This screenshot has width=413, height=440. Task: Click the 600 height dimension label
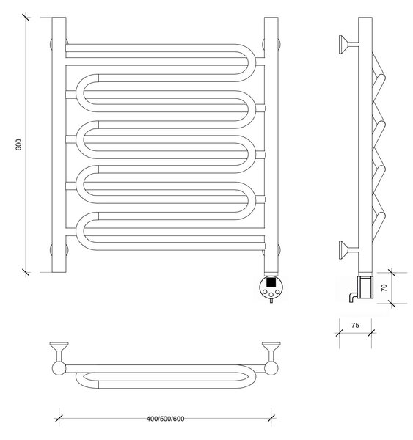pyautogui.click(x=18, y=144)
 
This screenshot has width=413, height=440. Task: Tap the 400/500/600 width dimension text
pyautogui.click(x=165, y=419)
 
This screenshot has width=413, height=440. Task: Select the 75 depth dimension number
pyautogui.click(x=355, y=325)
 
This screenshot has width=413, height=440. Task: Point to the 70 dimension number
pyautogui.click(x=384, y=287)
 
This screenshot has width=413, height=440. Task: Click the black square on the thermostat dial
pyautogui.click(x=270, y=281)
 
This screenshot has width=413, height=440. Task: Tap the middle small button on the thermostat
pyautogui.click(x=271, y=295)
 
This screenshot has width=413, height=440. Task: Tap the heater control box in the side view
pyautogui.click(x=365, y=287)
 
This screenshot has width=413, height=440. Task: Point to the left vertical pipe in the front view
pyautogui.click(x=59, y=144)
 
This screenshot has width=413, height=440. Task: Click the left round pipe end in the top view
pyautogui.click(x=59, y=368)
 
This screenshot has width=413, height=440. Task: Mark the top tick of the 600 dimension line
pyautogui.click(x=26, y=17)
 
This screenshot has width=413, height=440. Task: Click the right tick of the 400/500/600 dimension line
pyautogui.click(x=271, y=419)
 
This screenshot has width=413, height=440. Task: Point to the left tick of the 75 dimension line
pyautogui.click(x=339, y=333)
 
